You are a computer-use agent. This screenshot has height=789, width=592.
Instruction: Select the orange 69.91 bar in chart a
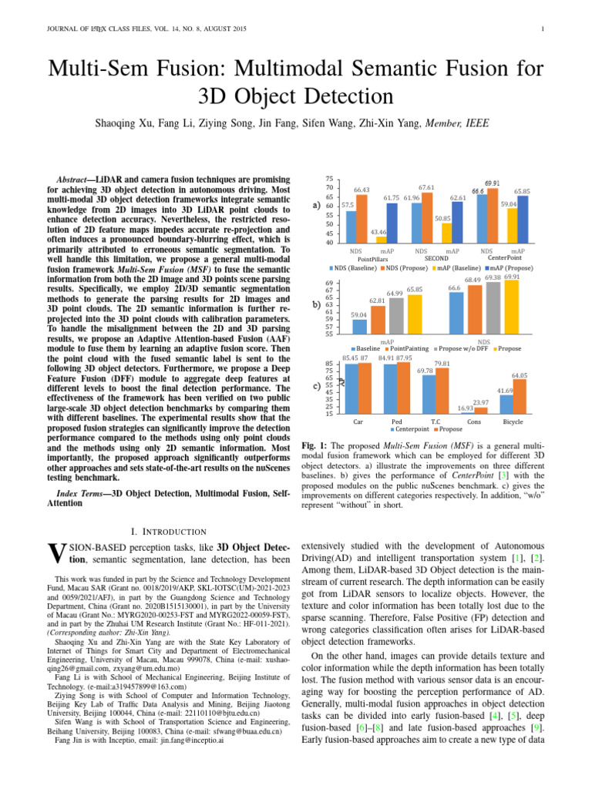[493, 215]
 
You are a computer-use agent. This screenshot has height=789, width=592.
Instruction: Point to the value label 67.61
[426, 187]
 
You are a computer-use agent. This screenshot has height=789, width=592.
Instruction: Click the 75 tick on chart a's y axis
[329, 179]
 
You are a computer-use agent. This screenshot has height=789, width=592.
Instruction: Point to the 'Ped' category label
[396, 422]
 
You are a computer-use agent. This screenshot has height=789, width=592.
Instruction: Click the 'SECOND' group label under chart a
[436, 259]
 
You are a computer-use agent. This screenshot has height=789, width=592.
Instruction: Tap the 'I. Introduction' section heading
[166, 531]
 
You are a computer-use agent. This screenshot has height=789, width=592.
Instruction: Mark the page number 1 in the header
[543, 29]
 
